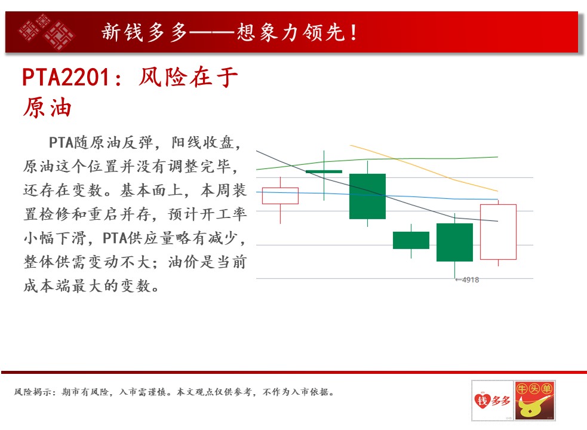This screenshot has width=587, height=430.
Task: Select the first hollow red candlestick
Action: pos(280,196)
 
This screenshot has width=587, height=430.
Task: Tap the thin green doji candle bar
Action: pos(324,171)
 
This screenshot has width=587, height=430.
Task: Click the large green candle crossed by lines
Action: pos(367,196)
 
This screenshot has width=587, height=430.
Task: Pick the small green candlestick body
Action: pos(411,240)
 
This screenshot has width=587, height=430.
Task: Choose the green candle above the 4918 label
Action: pos(454,242)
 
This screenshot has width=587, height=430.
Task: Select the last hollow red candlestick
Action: pos(498,232)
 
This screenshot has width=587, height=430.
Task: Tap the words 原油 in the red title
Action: pos(47,107)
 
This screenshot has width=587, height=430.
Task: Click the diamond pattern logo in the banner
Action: pos(47,32)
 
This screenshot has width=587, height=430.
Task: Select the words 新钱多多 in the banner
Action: pos(144,32)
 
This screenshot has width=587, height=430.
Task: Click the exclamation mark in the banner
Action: pos(354,32)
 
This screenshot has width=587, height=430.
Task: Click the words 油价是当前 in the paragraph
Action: pos(207,262)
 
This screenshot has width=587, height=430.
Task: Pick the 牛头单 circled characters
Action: pos(534,389)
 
